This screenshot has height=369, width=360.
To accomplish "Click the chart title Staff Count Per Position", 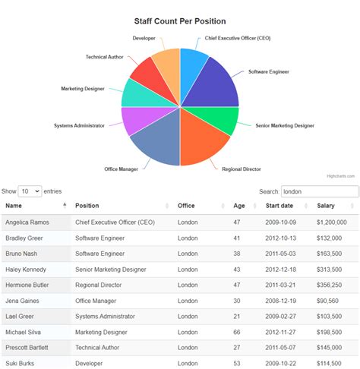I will point(180,21).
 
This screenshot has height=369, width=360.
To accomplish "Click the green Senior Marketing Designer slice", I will point(220,118).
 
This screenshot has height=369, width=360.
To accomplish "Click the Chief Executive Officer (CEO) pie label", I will point(238,38).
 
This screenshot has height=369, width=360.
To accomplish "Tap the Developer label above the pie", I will point(144,38).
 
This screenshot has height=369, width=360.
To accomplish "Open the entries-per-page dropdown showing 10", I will point(30,191).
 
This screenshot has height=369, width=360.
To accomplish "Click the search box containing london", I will point(319,191).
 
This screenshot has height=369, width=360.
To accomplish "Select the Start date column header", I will point(278,206).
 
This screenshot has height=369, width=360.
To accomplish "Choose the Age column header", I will point(239,206).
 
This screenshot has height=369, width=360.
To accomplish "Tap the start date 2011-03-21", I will point(281,284).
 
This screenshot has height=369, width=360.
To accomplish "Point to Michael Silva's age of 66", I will point(237,332).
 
